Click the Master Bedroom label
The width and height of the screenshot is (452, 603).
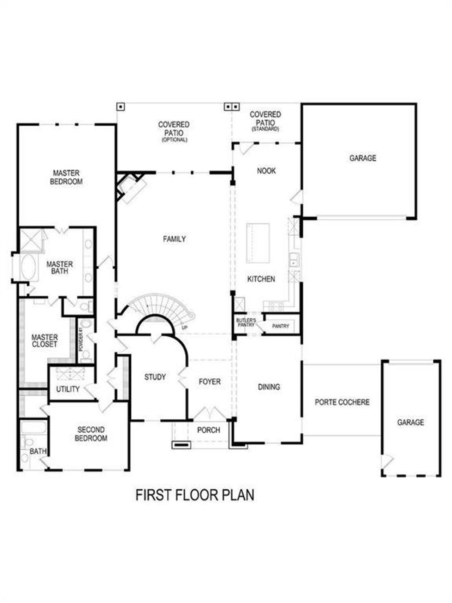point(66,177)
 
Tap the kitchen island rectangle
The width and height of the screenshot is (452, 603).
point(258,243)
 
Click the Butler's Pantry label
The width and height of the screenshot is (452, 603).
point(246,323)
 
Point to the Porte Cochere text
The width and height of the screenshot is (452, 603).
point(342,402)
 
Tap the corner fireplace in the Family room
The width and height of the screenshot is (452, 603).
point(131,187)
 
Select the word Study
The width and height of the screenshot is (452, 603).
point(155,377)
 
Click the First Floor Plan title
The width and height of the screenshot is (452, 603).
point(195,495)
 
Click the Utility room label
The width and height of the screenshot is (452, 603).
point(68,389)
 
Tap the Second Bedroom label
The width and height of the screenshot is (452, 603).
point(91,434)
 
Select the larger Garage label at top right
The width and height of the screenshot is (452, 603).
point(363,158)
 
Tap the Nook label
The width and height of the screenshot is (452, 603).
point(266,171)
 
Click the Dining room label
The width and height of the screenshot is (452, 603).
point(269,387)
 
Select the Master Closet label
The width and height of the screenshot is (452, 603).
point(44,341)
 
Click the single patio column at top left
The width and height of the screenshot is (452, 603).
point(121,106)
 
